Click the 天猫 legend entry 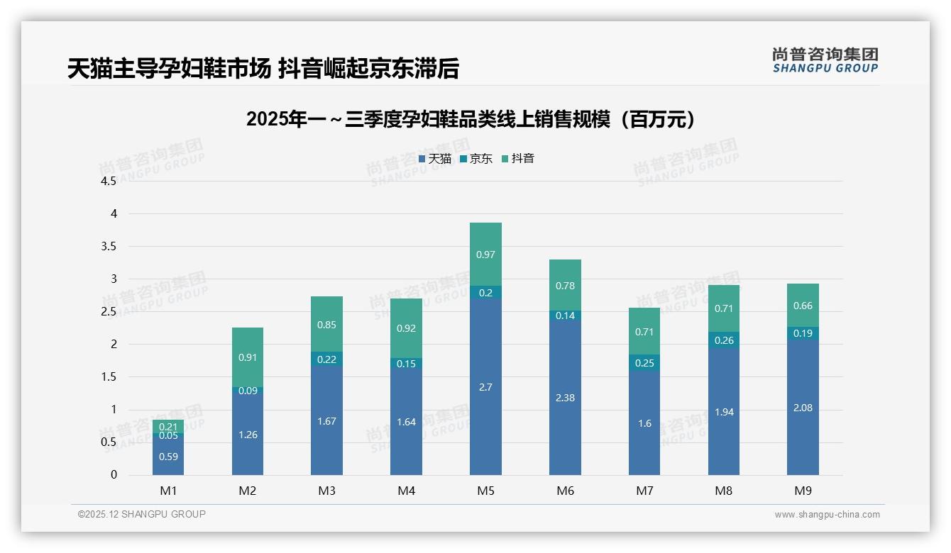click(434, 159)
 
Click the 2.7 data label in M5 click(485, 387)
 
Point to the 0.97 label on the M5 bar click(485, 255)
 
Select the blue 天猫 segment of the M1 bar click(168, 456)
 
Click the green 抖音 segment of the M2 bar click(248, 357)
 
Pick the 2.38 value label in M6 click(565, 398)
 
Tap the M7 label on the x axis click(644, 491)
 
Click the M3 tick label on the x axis click(326, 491)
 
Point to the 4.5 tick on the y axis click(109, 181)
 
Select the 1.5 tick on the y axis click(109, 377)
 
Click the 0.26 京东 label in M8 click(724, 340)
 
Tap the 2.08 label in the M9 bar click(803, 408)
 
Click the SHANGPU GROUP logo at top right click(825, 60)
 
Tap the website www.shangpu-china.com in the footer click(827, 515)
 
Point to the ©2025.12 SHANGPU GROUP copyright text click(142, 515)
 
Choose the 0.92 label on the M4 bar click(406, 328)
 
